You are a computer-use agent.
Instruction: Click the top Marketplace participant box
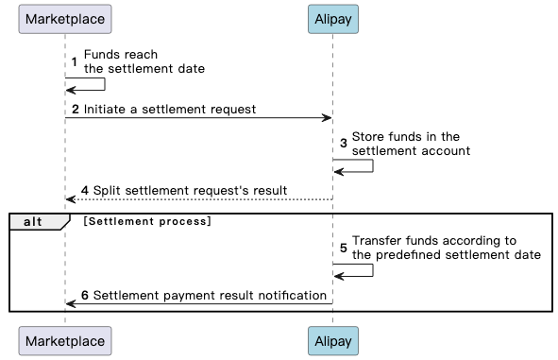coord(65,19)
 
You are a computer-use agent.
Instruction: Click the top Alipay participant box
coord(332,19)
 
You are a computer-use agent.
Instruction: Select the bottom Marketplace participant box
coord(65,340)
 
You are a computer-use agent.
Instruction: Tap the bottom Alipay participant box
coord(332,340)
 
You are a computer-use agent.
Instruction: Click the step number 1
coord(75,61)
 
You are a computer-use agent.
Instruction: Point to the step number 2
coord(75,110)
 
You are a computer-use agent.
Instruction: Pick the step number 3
coord(345,144)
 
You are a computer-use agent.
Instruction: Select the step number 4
coord(84,190)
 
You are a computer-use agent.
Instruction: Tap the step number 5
coord(345,248)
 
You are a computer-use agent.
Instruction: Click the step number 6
coord(84,296)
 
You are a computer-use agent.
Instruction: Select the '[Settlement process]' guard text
coord(146,221)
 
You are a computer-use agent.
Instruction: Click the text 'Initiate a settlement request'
coord(169,110)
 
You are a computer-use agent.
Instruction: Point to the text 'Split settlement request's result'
coord(190,190)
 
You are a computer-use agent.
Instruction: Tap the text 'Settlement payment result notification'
coord(210,296)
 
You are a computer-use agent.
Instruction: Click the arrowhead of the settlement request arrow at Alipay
coord(327,118)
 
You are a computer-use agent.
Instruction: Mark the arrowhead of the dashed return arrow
coord(71,199)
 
